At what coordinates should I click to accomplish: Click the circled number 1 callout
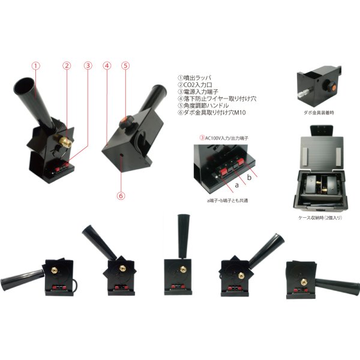pyautogui.click(x=35, y=66)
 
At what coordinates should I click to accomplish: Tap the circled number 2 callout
pyautogui.click(x=67, y=65)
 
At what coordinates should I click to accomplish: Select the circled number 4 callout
pyautogui.click(x=107, y=66)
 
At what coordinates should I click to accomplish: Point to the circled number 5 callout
pyautogui.click(x=125, y=65)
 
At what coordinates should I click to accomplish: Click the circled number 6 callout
pyautogui.click(x=121, y=196)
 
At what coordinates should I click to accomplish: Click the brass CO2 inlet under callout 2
pyautogui.click(x=62, y=140)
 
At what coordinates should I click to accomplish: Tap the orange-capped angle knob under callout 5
pyautogui.click(x=126, y=121)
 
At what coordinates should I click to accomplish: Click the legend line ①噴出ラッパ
pyautogui.click(x=194, y=78)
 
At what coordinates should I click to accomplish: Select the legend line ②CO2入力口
pyautogui.click(x=195, y=85)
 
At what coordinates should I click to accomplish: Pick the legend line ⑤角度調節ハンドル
pyautogui.click(x=203, y=106)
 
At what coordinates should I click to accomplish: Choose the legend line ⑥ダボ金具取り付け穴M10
pyautogui.click(x=212, y=113)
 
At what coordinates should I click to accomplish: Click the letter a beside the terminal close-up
pyautogui.click(x=237, y=185)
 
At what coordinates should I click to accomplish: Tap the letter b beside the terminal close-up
pyautogui.click(x=250, y=177)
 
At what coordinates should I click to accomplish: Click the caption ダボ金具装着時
pyautogui.click(x=319, y=113)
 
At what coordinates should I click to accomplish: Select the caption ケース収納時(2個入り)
pyautogui.click(x=320, y=218)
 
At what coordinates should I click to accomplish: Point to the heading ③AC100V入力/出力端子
pyautogui.click(x=224, y=138)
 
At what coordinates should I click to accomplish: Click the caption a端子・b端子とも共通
pyautogui.click(x=227, y=200)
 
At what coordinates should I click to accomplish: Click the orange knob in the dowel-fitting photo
pyautogui.click(x=331, y=87)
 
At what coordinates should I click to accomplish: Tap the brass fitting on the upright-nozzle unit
pyautogui.click(x=183, y=269)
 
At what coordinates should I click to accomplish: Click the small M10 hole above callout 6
pyautogui.click(x=121, y=155)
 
